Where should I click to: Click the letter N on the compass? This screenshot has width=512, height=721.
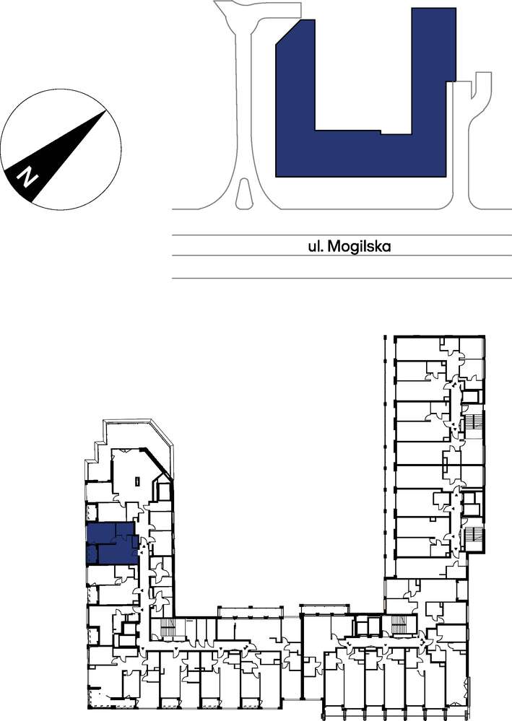(27, 177)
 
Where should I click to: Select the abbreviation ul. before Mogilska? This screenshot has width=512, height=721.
(316, 246)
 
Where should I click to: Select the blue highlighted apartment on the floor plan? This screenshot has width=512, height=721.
(112, 543)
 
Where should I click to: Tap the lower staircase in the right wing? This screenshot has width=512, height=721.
(474, 538)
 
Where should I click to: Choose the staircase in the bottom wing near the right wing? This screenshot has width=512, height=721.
(399, 625)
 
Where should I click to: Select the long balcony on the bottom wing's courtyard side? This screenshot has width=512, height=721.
(251, 612)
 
